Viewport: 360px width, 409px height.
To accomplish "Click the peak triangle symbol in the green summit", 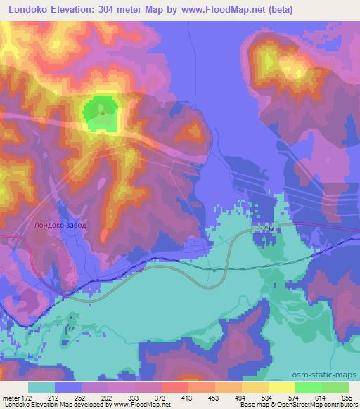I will point(103,111).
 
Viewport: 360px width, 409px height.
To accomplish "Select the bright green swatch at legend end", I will point(335,387).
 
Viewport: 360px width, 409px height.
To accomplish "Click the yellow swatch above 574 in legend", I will point(281,387).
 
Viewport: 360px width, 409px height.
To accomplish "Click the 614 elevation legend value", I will point(319,398).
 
